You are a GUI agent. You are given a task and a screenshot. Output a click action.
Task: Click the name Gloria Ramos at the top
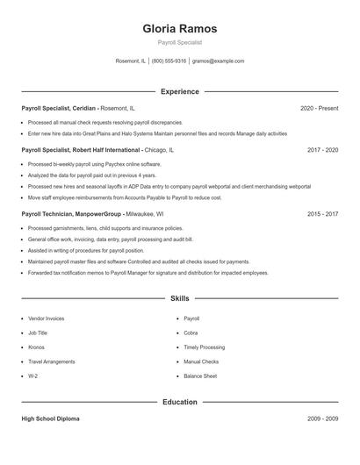click(179, 29)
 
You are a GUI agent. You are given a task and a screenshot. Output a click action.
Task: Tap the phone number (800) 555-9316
click(169, 61)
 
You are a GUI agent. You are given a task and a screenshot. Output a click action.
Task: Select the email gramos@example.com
click(218, 61)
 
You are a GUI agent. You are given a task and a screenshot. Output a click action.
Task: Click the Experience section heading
click(179, 91)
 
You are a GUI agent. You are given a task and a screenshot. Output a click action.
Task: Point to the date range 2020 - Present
click(319, 108)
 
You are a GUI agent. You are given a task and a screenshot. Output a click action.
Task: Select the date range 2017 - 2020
click(322, 150)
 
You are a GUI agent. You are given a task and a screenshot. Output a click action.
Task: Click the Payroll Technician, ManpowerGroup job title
click(73, 213)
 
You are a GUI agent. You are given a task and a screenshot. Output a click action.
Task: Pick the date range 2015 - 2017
click(322, 213)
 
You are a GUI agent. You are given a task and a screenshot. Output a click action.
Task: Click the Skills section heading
click(179, 299)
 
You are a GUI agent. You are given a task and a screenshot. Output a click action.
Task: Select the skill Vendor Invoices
click(47, 318)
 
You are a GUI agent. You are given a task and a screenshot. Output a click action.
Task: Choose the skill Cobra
click(191, 333)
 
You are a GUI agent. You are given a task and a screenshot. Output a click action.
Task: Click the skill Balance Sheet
click(200, 376)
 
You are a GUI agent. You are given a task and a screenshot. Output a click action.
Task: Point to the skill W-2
click(33, 376)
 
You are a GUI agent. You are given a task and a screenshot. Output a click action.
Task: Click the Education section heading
click(179, 402)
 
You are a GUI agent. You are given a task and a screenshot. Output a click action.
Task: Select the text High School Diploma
click(50, 418)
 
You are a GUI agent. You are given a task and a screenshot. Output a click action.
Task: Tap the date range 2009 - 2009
click(322, 418)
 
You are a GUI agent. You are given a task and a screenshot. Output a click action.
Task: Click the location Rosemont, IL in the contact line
click(131, 61)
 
